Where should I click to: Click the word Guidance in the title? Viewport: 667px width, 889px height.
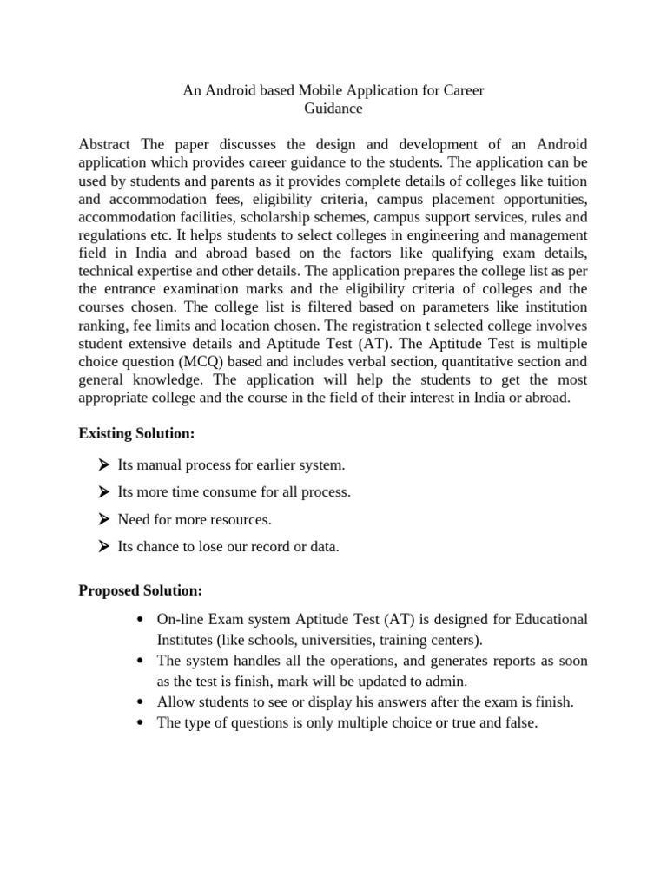tap(333, 109)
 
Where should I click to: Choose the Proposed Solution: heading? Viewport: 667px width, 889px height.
tap(141, 590)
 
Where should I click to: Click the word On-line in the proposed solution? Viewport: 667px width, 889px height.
tap(179, 619)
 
